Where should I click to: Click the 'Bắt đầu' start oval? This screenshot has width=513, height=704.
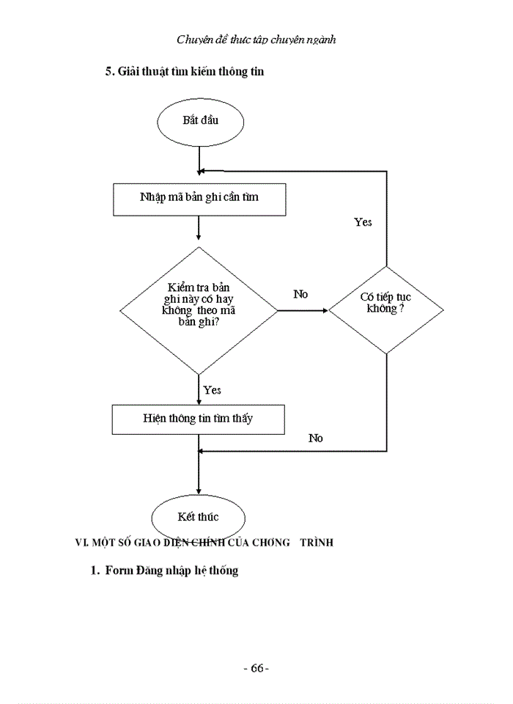tap(199, 121)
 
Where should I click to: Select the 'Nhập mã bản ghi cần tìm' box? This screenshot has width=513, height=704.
tap(199, 198)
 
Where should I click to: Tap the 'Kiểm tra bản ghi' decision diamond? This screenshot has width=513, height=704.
tap(199, 311)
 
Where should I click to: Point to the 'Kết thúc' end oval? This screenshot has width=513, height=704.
tap(198, 517)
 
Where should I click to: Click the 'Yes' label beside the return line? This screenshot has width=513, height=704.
tap(363, 222)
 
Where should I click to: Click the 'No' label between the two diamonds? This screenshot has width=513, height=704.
tap(300, 294)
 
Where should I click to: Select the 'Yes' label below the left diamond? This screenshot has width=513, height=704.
tap(212, 390)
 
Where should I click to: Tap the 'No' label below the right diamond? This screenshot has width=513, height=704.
tap(315, 439)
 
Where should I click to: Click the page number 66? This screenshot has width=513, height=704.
tap(256, 668)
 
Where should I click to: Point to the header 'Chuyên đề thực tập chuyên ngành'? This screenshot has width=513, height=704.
tap(256, 40)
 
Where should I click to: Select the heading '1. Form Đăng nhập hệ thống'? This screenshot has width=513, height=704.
tap(164, 571)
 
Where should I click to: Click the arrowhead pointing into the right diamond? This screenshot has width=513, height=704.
tap(324, 311)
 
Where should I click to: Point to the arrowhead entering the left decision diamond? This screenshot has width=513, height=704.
tap(199, 237)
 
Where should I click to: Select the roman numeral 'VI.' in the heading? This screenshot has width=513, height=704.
tap(83, 543)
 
